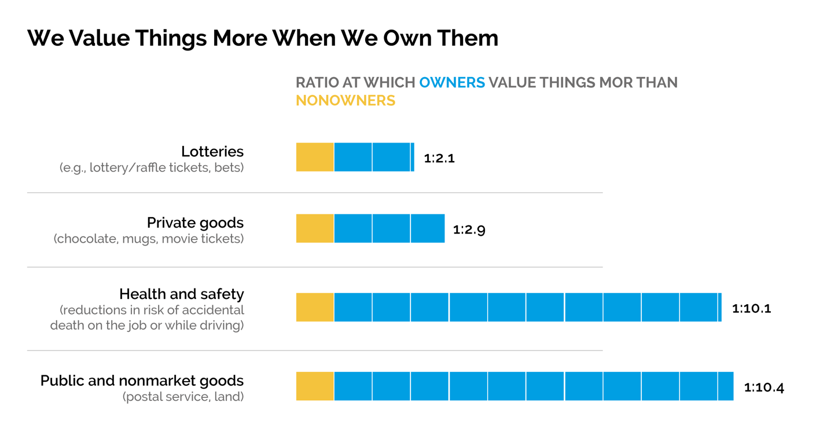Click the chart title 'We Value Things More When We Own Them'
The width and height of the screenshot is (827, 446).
263,38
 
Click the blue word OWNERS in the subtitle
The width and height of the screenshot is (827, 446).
452,82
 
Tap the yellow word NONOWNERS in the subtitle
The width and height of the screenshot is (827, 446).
345,100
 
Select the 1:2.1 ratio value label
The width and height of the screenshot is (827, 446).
439,158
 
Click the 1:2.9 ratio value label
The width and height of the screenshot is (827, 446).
469,229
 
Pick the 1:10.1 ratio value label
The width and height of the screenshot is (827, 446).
751,308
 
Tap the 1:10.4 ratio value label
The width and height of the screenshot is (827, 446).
764,387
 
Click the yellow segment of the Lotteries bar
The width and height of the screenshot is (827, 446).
315,157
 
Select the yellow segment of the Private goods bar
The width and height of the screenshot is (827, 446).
315,228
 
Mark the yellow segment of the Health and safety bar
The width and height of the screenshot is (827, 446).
315,307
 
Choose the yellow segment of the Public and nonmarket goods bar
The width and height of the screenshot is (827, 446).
315,386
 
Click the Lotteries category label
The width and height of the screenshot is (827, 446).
212,152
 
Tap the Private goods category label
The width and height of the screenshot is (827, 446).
195,223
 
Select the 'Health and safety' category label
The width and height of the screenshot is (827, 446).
182,294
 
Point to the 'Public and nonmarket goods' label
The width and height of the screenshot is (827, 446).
142,381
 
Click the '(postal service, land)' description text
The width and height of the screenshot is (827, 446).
183,397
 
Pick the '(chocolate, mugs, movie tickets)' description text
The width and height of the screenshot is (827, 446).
149,239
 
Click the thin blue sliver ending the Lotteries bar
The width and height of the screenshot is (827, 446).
413,157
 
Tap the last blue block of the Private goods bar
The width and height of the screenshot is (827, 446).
428,228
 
